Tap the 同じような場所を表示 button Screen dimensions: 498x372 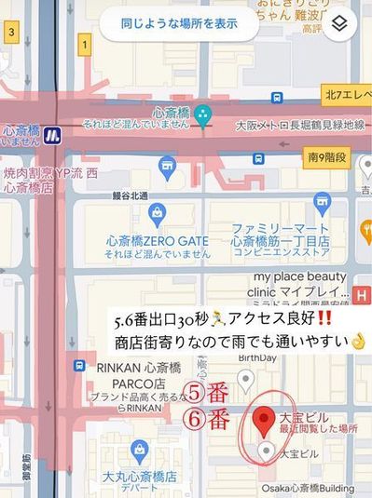178,22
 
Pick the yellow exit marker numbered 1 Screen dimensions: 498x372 85,43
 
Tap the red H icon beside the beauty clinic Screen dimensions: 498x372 363,294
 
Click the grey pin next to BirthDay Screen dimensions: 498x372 245,379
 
